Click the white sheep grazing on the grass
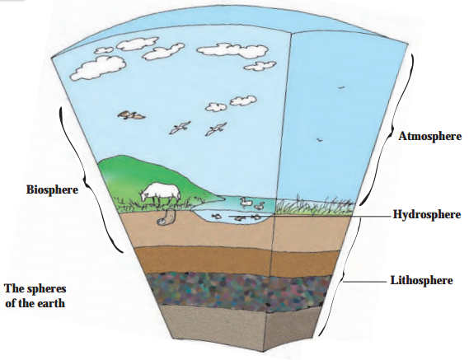160,193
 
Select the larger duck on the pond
246,203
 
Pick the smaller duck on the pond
260,206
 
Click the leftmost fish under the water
215,216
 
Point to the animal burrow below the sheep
166,217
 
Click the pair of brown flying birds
131,115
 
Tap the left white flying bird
180,127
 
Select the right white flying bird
216,129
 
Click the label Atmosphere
429,137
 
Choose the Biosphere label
53,189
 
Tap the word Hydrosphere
426,214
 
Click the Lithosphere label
421,280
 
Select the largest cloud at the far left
98,68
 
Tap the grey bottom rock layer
239,327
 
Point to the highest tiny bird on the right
341,87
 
